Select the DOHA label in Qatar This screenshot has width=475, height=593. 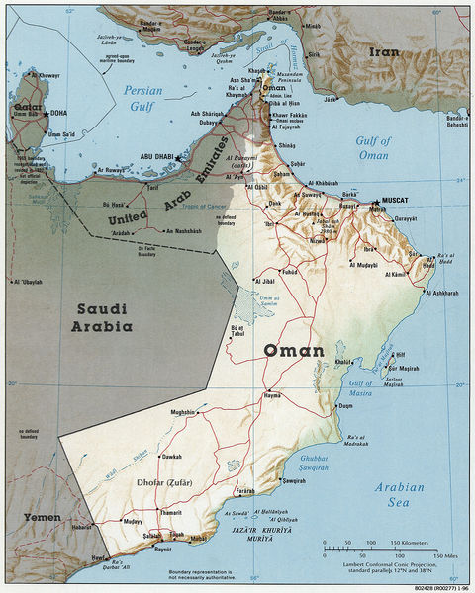tap(58, 113)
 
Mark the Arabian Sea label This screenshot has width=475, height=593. tap(398, 495)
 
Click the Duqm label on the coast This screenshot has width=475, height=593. tap(345, 406)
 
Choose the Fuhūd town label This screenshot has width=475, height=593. tap(289, 271)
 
